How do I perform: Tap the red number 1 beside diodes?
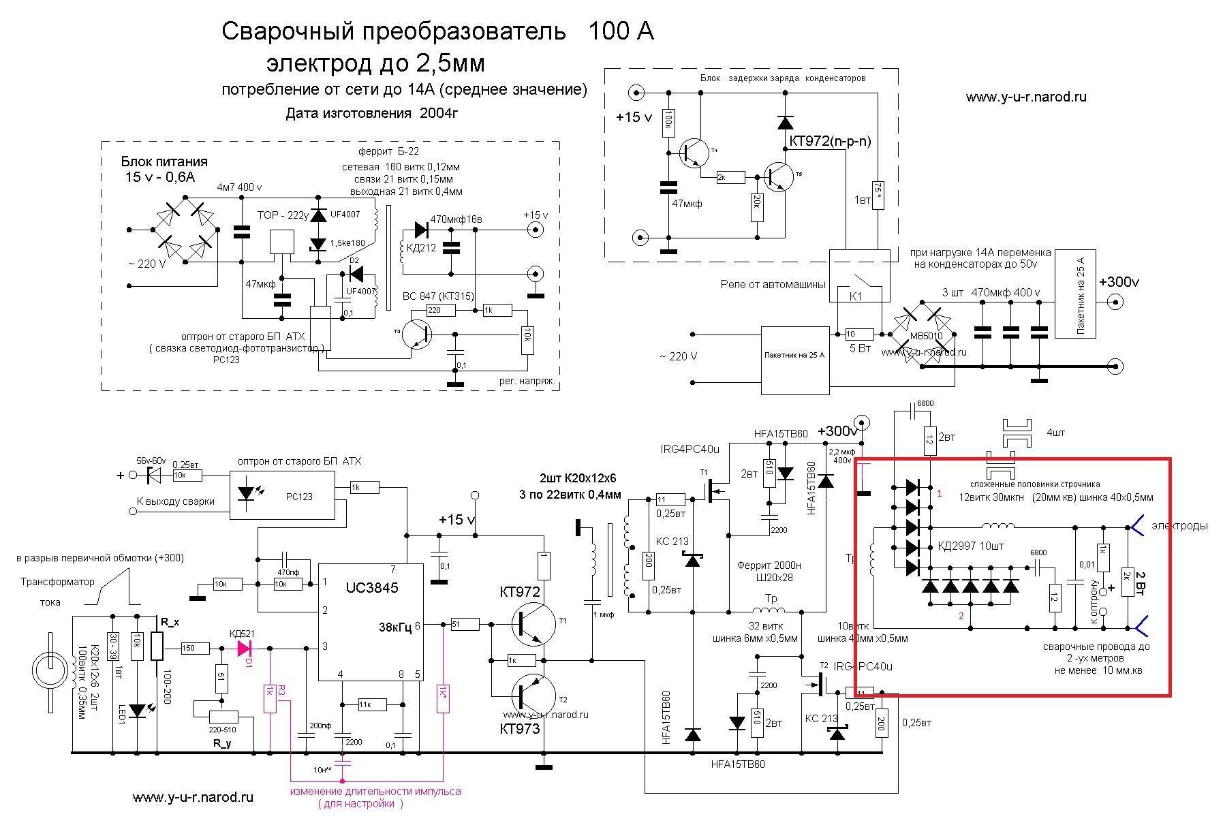pyautogui.click(x=939, y=493)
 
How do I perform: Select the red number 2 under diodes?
pyautogui.click(x=961, y=617)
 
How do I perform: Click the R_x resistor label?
pyautogui.click(x=168, y=622)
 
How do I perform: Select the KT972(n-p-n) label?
pyautogui.click(x=830, y=142)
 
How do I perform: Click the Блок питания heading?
pyautogui.click(x=164, y=162)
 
